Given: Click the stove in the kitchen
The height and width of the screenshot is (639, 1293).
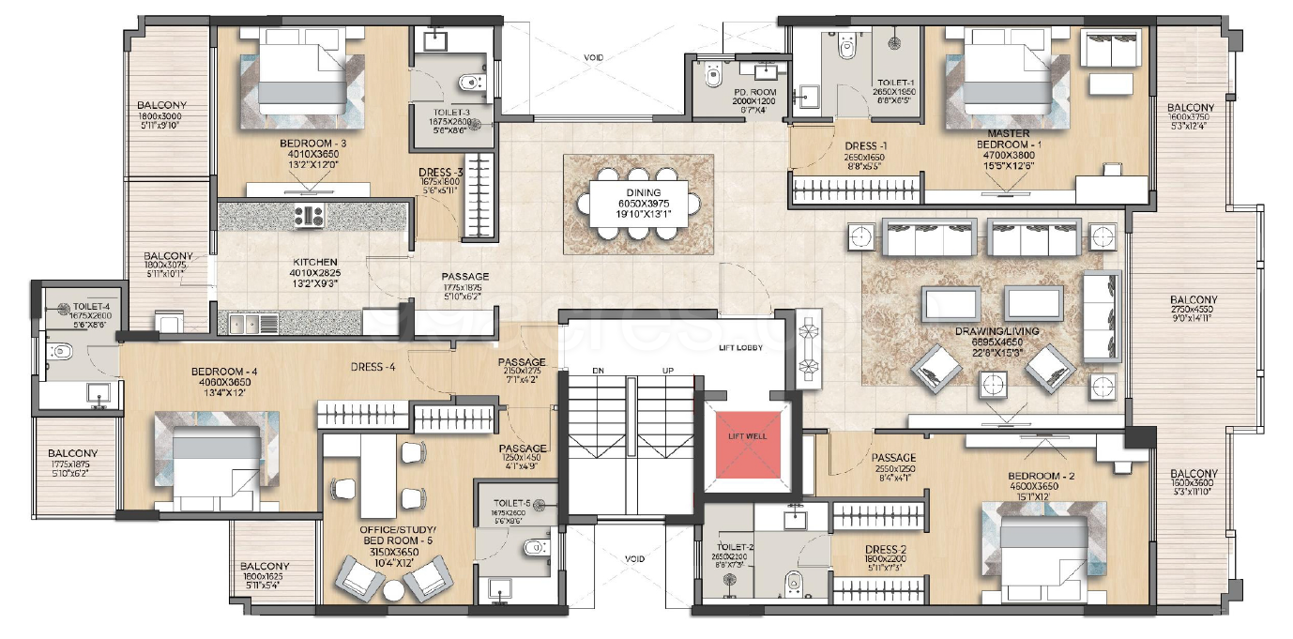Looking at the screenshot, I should pyautogui.click(x=309, y=217).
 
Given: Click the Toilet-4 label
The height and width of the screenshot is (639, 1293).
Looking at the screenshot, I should pyautogui.click(x=91, y=307).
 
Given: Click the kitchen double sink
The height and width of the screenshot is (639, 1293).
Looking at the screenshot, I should pyautogui.click(x=252, y=324).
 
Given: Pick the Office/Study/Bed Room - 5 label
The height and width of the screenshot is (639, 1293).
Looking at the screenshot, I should pyautogui.click(x=383, y=536).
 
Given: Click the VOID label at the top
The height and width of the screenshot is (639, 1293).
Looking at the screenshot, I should pyautogui.click(x=593, y=58).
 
